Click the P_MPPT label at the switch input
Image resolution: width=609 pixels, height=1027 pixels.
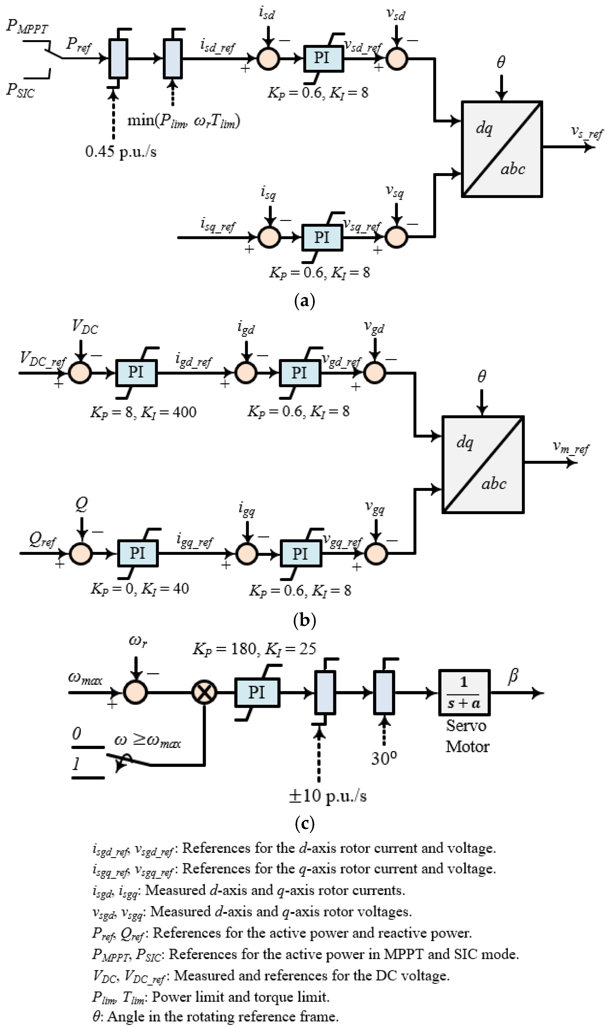[x=27, y=27]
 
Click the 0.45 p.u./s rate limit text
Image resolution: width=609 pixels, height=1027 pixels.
[x=121, y=152]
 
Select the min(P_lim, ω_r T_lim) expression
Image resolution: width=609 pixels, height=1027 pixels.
[x=183, y=121]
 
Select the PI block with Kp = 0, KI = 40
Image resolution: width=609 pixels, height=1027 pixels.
[x=137, y=553]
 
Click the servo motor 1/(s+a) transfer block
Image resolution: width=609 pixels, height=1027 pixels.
[x=464, y=693]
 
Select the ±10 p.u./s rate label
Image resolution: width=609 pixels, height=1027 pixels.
[x=327, y=795]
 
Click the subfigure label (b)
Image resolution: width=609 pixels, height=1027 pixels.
[x=304, y=620]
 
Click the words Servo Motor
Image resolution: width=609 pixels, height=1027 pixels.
[x=467, y=736]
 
